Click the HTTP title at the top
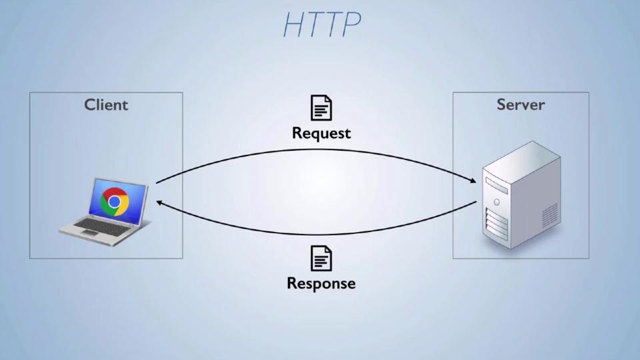tap(322, 25)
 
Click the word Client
tap(106, 105)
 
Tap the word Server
tap(521, 105)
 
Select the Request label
tap(321, 133)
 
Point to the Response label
tap(321, 283)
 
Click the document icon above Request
tap(321, 108)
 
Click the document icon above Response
tap(321, 258)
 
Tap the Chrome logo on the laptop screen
tap(115, 201)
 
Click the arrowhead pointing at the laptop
tap(160, 201)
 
